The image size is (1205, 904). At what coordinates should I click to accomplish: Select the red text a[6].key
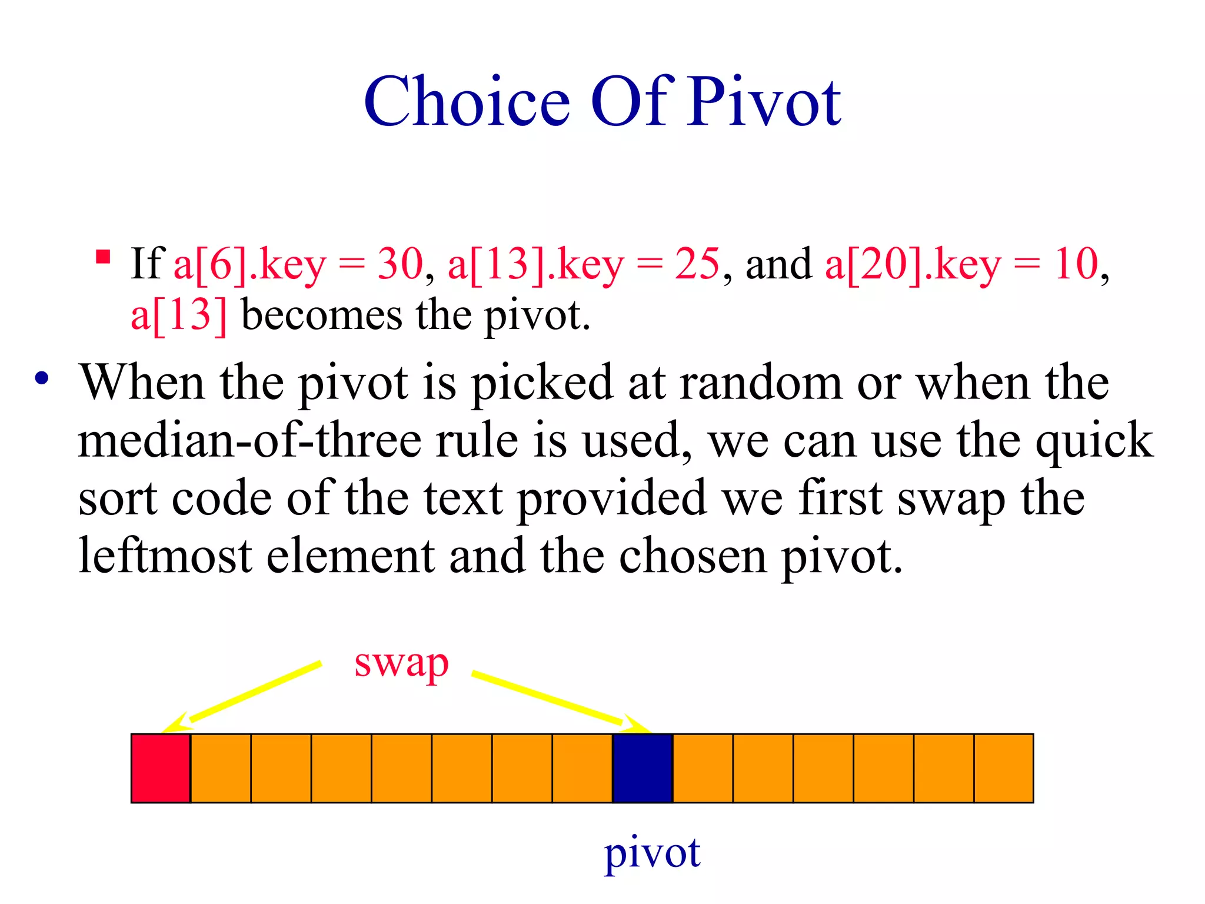coord(249,264)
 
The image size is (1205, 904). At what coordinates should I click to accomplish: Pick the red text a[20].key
coord(912,264)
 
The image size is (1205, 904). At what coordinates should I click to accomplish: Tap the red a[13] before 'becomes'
coord(178,315)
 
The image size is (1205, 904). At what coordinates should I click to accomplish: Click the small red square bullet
coord(103,257)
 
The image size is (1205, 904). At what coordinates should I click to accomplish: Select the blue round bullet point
coord(41,378)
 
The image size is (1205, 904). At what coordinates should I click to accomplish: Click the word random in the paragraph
coord(761,383)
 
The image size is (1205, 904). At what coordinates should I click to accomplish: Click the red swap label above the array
coord(401,664)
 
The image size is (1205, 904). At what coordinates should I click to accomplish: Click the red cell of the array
coord(161,768)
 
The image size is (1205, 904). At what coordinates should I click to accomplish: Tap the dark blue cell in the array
coord(643,768)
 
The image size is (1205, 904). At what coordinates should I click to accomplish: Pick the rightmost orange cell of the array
coord(1004,768)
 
